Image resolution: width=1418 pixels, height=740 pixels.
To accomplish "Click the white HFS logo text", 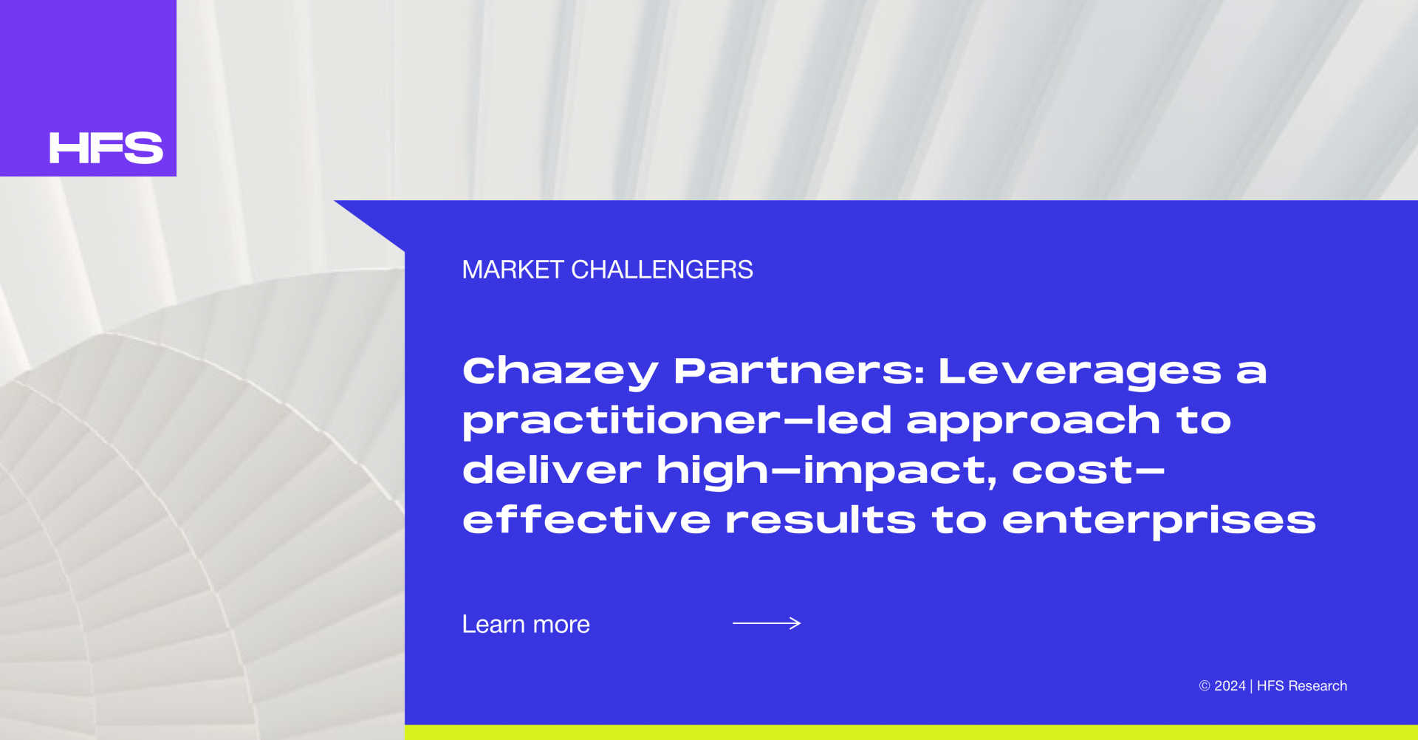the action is point(106,148).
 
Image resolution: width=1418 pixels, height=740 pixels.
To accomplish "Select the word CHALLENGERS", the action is point(662,270).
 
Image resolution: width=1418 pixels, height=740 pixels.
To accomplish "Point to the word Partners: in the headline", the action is point(799,371).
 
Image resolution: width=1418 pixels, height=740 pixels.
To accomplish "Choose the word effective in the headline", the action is point(586,519).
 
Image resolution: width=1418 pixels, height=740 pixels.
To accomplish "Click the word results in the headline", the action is point(821,519).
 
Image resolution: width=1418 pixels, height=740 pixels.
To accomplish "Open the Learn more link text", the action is point(526,625).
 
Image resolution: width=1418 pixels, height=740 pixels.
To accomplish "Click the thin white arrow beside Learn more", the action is point(767,623).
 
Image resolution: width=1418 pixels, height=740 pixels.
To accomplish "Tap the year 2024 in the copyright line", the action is point(1230,686).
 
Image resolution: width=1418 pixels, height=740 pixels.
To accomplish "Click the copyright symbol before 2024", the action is point(1205,686).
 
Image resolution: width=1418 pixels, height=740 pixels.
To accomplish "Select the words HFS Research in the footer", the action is point(1302,686).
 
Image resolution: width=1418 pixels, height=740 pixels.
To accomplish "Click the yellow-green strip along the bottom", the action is point(911,733).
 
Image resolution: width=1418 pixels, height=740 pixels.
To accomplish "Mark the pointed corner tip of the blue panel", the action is point(335,201).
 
